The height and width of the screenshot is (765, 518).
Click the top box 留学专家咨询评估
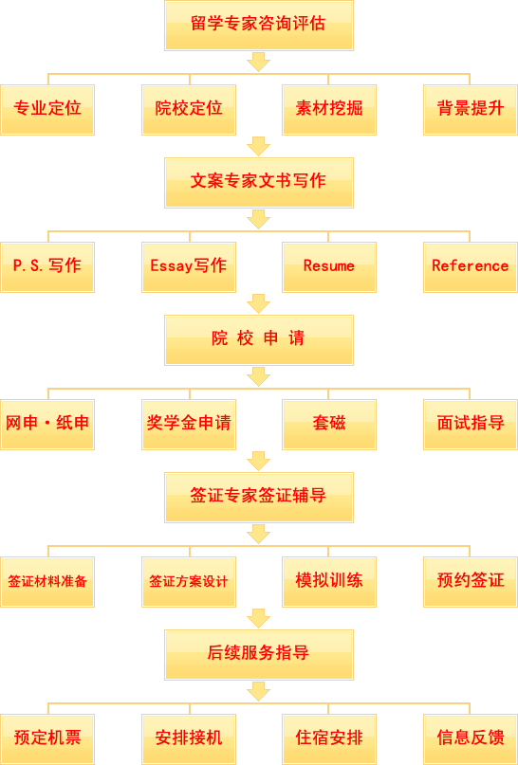pos(258,25)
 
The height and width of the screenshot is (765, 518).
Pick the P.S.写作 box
pos(46,266)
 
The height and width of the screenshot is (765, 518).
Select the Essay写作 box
pos(188,266)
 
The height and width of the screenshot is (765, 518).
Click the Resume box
pos(329,266)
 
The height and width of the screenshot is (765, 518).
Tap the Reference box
pos(471,266)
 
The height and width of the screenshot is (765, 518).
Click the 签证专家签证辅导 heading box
pos(258,497)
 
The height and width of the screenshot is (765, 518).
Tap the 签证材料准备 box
pos(46,581)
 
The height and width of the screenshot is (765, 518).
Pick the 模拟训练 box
pos(329,581)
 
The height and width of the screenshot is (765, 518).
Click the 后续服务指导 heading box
pos(258,654)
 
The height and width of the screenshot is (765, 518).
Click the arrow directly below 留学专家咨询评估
pos(258,62)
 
